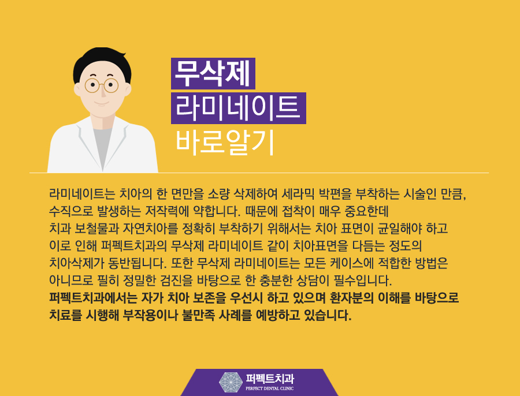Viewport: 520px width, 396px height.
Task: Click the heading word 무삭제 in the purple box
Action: pyautogui.click(x=212, y=73)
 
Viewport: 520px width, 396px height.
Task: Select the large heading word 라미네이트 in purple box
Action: pyautogui.click(x=237, y=108)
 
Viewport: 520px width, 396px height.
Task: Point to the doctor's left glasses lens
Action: pyautogui.click(x=92, y=85)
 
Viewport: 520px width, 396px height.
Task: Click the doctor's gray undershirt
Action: pyautogui.click(x=102, y=144)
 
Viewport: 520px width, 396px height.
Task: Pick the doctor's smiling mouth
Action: pyautogui.click(x=102, y=104)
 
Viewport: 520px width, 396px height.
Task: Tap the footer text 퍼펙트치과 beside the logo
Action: pyautogui.click(x=269, y=379)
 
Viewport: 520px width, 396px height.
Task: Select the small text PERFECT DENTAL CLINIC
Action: pyautogui.click(x=269, y=388)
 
